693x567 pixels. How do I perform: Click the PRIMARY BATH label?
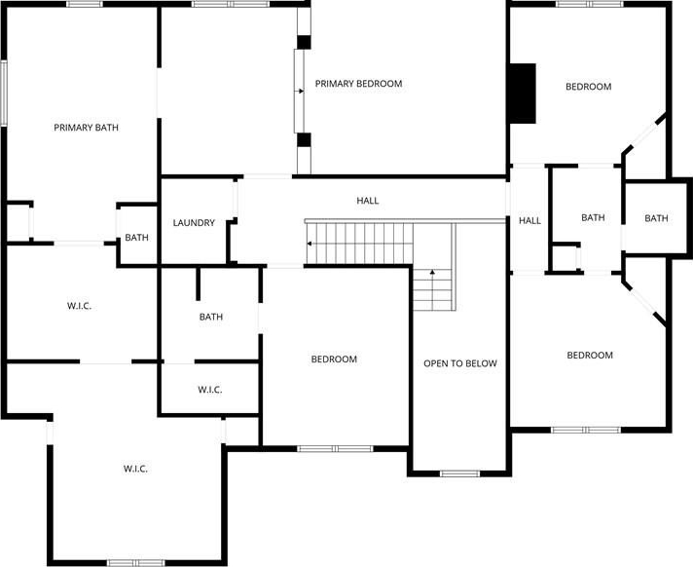pyautogui.click(x=87, y=128)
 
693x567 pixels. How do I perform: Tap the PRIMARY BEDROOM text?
pyautogui.click(x=358, y=84)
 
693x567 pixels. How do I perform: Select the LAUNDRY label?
pyautogui.click(x=194, y=223)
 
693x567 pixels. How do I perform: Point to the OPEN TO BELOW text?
pyautogui.click(x=460, y=363)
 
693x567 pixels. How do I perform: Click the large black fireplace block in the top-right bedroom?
pyautogui.click(x=523, y=94)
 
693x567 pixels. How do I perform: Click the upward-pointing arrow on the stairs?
pyautogui.click(x=432, y=274)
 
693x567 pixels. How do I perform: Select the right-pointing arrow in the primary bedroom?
pyautogui.click(x=300, y=92)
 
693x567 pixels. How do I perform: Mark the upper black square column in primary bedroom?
pyautogui.click(x=304, y=42)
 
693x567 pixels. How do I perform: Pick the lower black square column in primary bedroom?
pyautogui.click(x=304, y=139)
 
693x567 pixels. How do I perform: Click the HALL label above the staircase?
pyautogui.click(x=368, y=201)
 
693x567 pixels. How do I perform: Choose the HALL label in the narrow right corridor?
pyautogui.click(x=529, y=221)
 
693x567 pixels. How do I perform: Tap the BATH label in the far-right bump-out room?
pyautogui.click(x=656, y=218)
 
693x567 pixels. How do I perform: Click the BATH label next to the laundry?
pyautogui.click(x=136, y=238)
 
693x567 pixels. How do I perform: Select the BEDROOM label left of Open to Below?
pyautogui.click(x=334, y=359)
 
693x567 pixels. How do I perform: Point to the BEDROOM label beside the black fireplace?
pyautogui.click(x=589, y=87)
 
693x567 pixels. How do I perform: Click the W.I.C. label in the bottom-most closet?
pyautogui.click(x=135, y=469)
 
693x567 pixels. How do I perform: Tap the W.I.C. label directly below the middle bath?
pyautogui.click(x=210, y=390)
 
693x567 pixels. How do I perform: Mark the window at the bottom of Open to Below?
pyautogui.click(x=459, y=473)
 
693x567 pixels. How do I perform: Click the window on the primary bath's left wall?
pyautogui.click(x=4, y=93)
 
